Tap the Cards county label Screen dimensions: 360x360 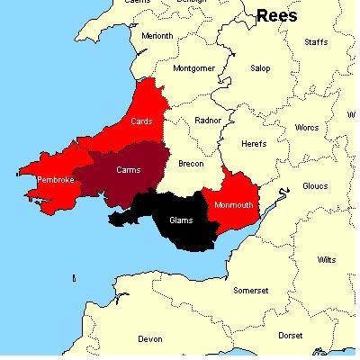pyautogui.click(x=142, y=121)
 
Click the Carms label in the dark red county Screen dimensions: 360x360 pyautogui.click(x=129, y=168)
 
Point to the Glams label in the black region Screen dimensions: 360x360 pyautogui.click(x=181, y=219)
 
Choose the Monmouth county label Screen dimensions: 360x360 pyautogui.click(x=234, y=203)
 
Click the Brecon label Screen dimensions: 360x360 pyautogui.click(x=191, y=164)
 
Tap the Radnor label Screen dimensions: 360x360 pyautogui.click(x=209, y=120)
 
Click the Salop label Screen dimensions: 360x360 pyautogui.click(x=259, y=67)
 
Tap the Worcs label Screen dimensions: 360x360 pyautogui.click(x=307, y=128)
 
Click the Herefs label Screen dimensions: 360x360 pyautogui.click(x=255, y=143)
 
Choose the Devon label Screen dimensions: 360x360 pyautogui.click(x=150, y=339)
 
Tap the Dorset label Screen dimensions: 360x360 pyautogui.click(x=291, y=335)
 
